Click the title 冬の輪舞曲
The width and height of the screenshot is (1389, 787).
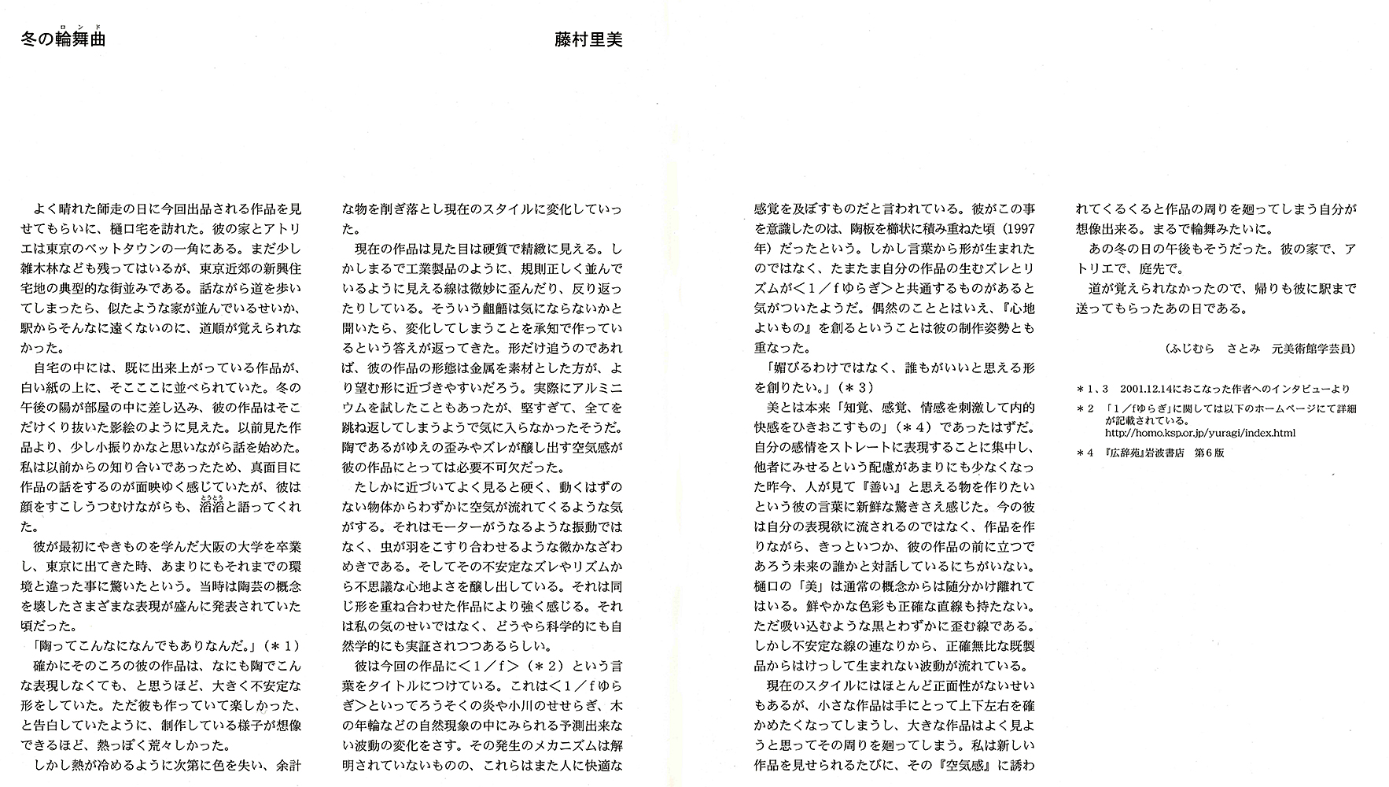63,40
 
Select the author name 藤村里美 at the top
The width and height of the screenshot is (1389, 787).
588,40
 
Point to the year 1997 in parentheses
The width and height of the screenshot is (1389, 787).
1019,229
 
